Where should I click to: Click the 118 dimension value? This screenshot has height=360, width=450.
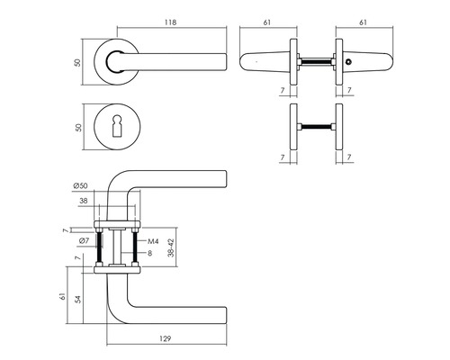(x=170, y=22)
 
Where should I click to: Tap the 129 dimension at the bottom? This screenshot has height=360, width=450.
(x=165, y=338)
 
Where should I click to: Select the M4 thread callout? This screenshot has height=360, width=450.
(x=153, y=241)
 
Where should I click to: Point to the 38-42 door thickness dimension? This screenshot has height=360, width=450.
(x=171, y=247)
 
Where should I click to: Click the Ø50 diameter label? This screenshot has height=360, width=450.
(x=80, y=185)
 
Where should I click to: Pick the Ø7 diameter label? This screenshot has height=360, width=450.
(x=85, y=240)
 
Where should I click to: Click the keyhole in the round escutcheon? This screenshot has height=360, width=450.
(x=117, y=127)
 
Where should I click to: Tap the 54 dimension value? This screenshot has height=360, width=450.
(x=78, y=299)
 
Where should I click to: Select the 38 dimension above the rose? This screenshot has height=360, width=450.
(x=83, y=201)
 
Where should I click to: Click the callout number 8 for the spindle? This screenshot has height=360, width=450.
(x=149, y=253)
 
